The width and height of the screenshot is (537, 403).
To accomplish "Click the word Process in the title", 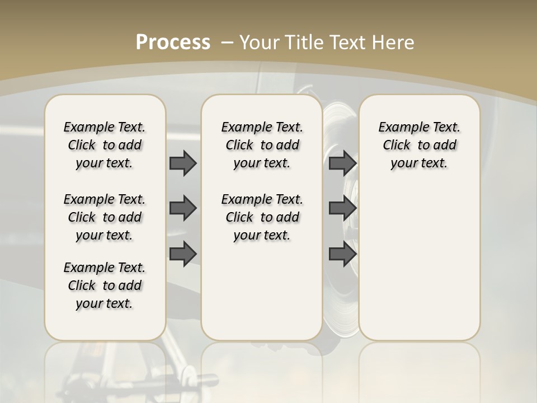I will coord(173,42).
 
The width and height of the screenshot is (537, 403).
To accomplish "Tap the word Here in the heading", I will coord(394,43).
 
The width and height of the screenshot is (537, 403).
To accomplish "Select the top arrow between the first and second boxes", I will coord(183,163).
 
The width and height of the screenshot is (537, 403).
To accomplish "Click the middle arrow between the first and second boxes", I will coord(183,208).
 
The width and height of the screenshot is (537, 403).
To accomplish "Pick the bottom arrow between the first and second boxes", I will coord(183,254).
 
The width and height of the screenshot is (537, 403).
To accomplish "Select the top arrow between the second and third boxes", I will coord(343,163).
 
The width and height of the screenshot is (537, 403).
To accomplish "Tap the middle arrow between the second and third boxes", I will coord(343,208).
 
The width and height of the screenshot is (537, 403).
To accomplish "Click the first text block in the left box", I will coord(105,145).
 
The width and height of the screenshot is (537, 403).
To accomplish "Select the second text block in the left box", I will coord(105,217).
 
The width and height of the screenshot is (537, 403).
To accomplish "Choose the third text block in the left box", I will coord(105,285).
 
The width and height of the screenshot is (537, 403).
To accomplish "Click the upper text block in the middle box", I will coord(262,145).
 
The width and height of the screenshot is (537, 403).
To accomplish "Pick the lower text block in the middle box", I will coord(262,217).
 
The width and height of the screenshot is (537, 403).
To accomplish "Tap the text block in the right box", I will coord(419,145).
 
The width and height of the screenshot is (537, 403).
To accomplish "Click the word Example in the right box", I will coord(401,128).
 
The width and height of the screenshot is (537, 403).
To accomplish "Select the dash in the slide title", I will coord(227,43).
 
